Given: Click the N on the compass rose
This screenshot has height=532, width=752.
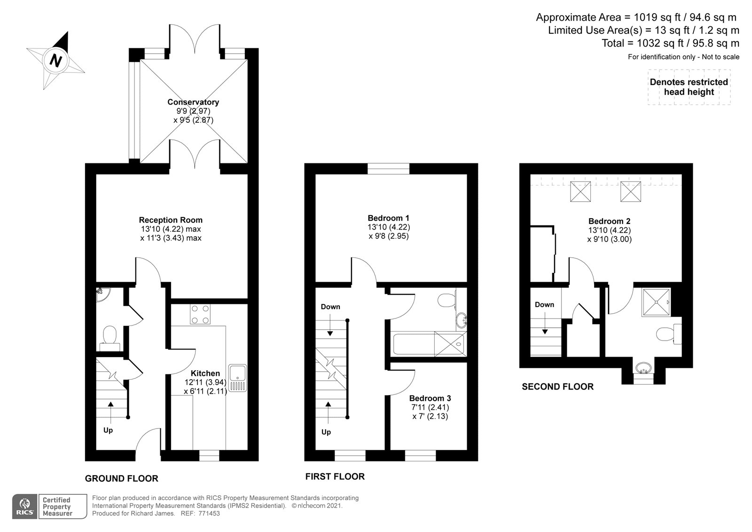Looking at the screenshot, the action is point(56,61).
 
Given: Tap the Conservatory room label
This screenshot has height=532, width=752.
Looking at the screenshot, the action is point(193,102).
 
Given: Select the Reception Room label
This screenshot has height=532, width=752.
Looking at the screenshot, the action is point(171,220).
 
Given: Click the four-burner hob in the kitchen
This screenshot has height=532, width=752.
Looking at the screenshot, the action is point(200,314).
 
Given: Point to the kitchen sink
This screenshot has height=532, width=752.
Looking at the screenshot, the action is point(238,378).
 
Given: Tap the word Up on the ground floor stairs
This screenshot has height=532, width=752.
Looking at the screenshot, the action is point(108,430).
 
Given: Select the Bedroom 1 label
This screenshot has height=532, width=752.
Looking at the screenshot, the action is point(388,218).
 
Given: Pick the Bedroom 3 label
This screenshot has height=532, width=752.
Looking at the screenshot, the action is point(430,398).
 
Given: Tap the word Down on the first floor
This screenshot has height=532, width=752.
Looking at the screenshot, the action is point(330,307).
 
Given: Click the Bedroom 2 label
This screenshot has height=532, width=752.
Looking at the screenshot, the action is point(609,221).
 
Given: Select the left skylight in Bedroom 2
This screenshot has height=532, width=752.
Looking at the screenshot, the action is point(580,191).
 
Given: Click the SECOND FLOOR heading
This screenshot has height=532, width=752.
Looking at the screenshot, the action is point(557,387).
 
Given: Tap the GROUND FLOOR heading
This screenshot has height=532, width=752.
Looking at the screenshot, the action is point(122,478).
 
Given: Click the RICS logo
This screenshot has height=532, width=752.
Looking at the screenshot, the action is point(25,506).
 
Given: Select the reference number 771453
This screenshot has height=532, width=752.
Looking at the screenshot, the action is point(209,513).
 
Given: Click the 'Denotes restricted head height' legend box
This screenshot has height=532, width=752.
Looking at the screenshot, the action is point(689,87).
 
